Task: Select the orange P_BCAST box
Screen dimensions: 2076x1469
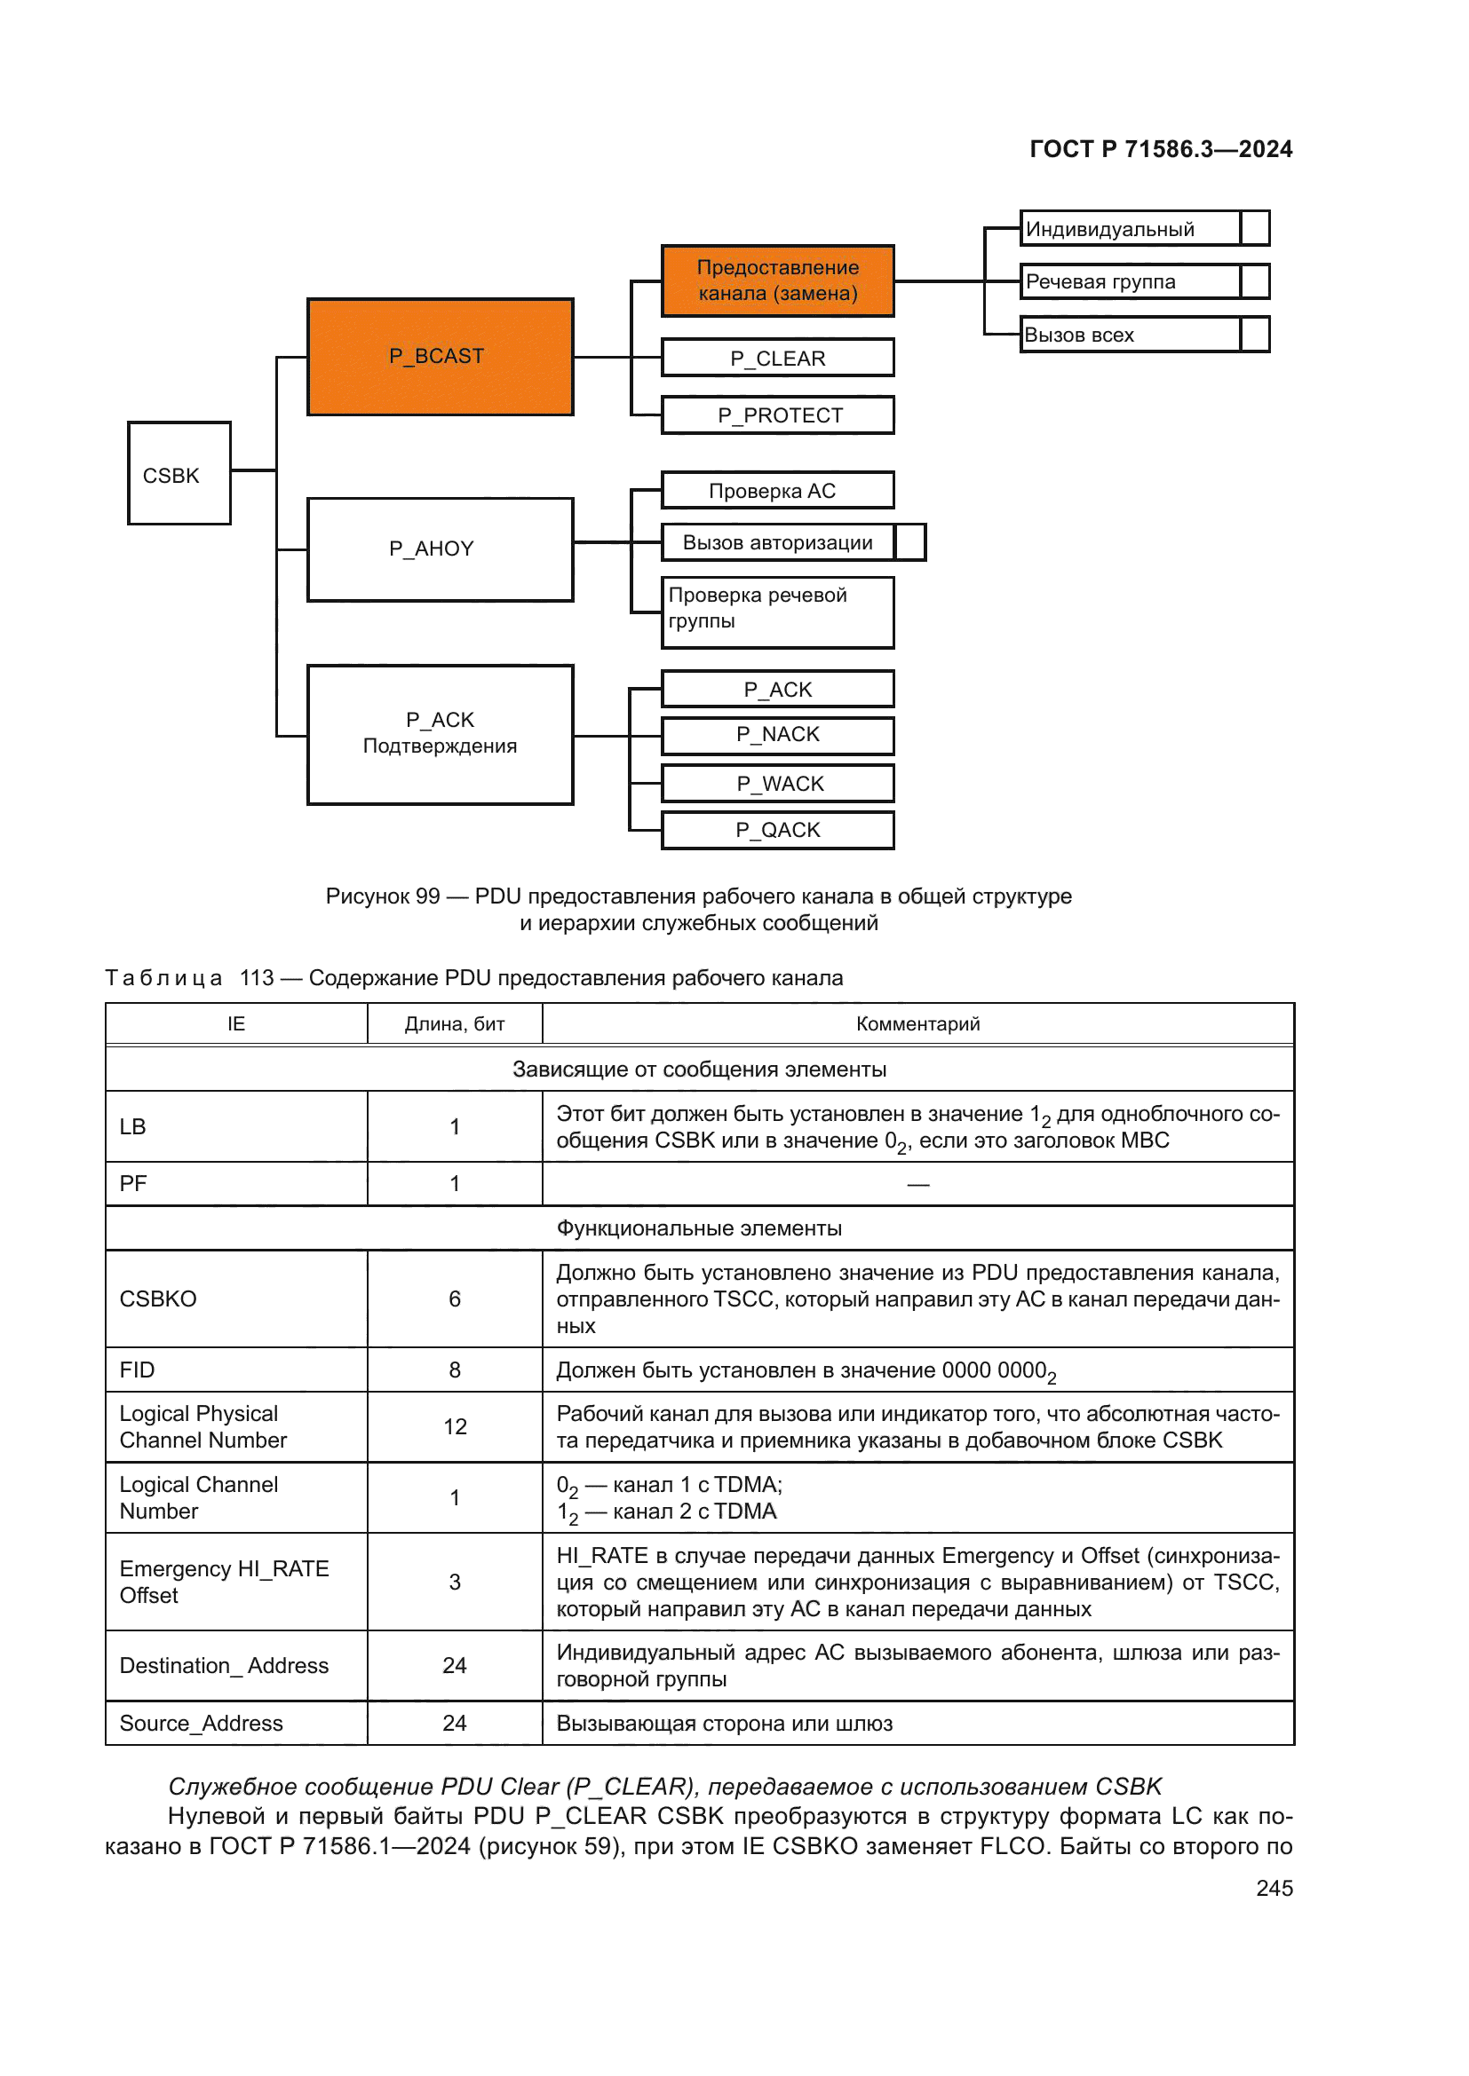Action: click(440, 356)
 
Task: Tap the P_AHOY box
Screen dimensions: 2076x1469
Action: click(440, 549)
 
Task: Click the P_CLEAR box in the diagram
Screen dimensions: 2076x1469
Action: click(777, 358)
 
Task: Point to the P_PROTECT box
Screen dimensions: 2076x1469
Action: click(777, 415)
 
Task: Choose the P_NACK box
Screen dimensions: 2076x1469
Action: click(777, 734)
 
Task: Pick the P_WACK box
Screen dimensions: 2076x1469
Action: click(777, 783)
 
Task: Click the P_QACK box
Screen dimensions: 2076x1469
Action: click(777, 830)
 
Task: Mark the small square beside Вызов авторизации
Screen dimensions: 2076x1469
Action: click(910, 542)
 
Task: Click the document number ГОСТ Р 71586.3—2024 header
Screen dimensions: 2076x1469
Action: click(1161, 149)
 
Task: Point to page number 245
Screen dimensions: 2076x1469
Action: click(1274, 1887)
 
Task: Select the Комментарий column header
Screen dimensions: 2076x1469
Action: click(917, 1023)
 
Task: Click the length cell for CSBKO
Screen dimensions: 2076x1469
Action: click(454, 1298)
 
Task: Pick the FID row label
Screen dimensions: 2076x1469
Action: click(138, 1370)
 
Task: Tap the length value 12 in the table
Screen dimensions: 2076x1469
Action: click(454, 1427)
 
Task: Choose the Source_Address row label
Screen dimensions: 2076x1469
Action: click(201, 1724)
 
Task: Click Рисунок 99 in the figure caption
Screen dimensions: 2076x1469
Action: click(383, 896)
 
